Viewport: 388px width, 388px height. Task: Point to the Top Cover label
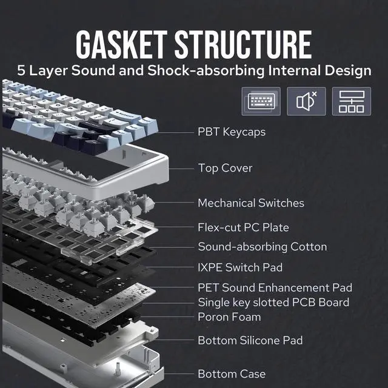[x=225, y=168]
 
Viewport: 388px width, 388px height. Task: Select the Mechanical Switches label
[x=251, y=203]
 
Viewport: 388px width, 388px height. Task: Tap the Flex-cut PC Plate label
[x=243, y=228]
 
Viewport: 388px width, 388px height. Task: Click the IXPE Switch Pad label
[x=240, y=267]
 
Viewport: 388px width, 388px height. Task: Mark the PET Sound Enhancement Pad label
[x=275, y=287]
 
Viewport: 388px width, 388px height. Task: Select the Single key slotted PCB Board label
[x=273, y=302]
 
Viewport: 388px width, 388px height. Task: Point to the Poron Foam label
[x=229, y=316]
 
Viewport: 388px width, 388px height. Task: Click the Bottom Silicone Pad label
[x=250, y=341]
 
